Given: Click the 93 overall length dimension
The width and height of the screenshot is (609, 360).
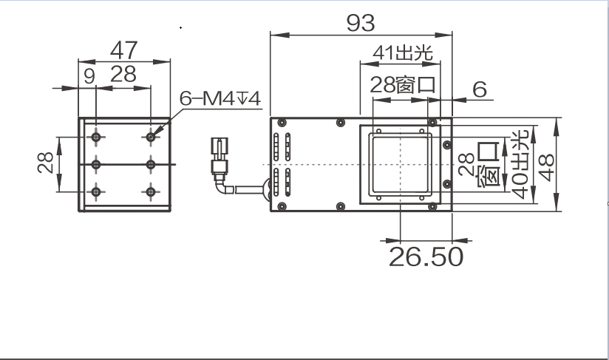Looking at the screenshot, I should tap(360, 23).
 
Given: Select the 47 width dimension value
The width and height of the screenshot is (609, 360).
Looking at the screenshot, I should tap(123, 50).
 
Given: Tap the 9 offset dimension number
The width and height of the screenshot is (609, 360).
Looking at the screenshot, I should tap(89, 75).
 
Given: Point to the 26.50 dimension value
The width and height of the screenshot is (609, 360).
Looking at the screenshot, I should tap(426, 256).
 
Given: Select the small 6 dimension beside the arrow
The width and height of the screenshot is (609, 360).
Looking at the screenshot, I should tap(480, 89).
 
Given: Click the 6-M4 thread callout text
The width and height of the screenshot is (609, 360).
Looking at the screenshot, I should tap(221, 98).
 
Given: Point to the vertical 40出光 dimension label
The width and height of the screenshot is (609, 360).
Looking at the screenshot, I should tap(520, 164).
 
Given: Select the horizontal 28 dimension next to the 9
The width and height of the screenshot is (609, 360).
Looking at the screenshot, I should tap(123, 75).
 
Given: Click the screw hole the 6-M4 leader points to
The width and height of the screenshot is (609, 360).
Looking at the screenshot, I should tap(152, 136).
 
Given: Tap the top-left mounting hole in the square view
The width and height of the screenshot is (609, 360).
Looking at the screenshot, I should tap(96, 136).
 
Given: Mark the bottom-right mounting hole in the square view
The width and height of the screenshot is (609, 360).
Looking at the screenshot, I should tap(152, 192).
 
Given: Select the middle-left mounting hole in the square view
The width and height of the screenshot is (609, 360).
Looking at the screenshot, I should tap(96, 163).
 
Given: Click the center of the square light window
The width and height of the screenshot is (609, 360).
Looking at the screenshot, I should tap(400, 164).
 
